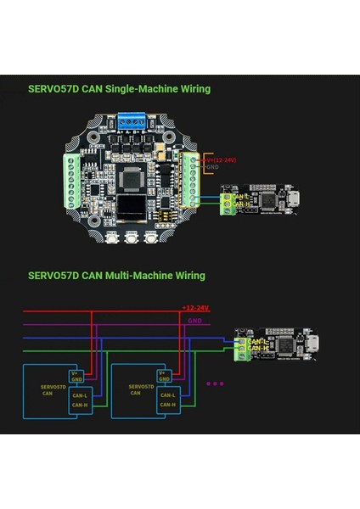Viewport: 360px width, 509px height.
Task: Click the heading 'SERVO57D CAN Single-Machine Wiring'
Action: point(120,89)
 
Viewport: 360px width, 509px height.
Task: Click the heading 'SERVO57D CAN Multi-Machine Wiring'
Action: point(116,276)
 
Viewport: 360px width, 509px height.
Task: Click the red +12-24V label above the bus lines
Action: point(195,308)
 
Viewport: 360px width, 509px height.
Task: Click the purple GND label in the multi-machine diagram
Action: point(195,322)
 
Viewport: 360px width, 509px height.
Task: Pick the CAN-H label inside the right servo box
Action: point(167,405)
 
